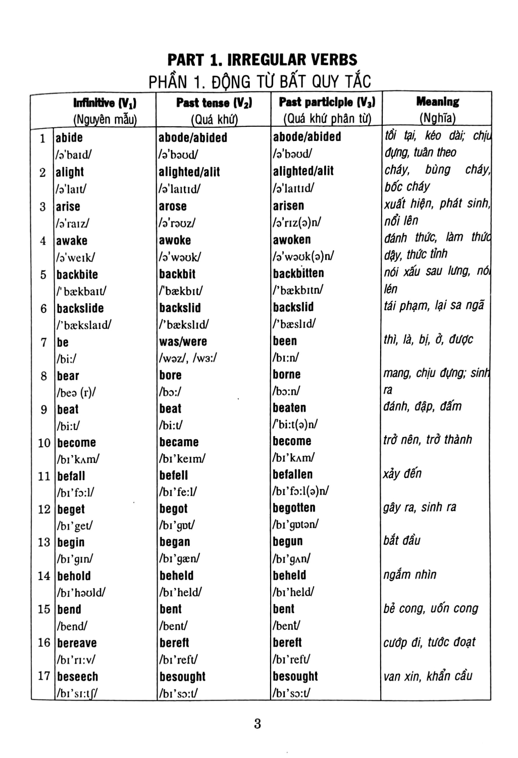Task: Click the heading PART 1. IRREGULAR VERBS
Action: (x=263, y=60)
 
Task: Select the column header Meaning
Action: (x=437, y=102)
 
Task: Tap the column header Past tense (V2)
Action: (x=214, y=103)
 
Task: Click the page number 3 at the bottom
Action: (x=257, y=724)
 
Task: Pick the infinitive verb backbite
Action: (x=77, y=274)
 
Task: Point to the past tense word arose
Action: (x=173, y=206)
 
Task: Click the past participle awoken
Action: (x=292, y=240)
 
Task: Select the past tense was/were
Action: (x=183, y=342)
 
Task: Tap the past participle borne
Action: (x=287, y=374)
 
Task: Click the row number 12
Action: (x=44, y=509)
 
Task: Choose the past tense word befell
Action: (x=174, y=476)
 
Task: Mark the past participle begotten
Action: (x=294, y=508)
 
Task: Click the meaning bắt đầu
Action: (x=402, y=540)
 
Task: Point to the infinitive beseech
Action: (x=78, y=677)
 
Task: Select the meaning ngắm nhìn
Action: (x=410, y=575)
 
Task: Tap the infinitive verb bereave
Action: (x=77, y=643)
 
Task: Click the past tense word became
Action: (x=179, y=442)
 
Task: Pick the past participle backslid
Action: (x=293, y=307)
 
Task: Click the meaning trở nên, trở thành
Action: (x=428, y=440)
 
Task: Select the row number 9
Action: (x=43, y=409)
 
